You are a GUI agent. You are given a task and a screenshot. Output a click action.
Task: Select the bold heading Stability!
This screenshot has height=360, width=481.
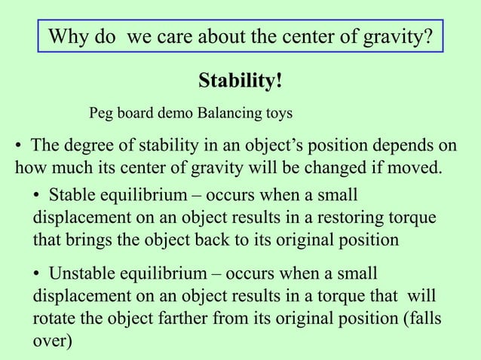click(240, 80)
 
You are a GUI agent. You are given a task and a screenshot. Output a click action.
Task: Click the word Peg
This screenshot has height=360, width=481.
click(103, 114)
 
